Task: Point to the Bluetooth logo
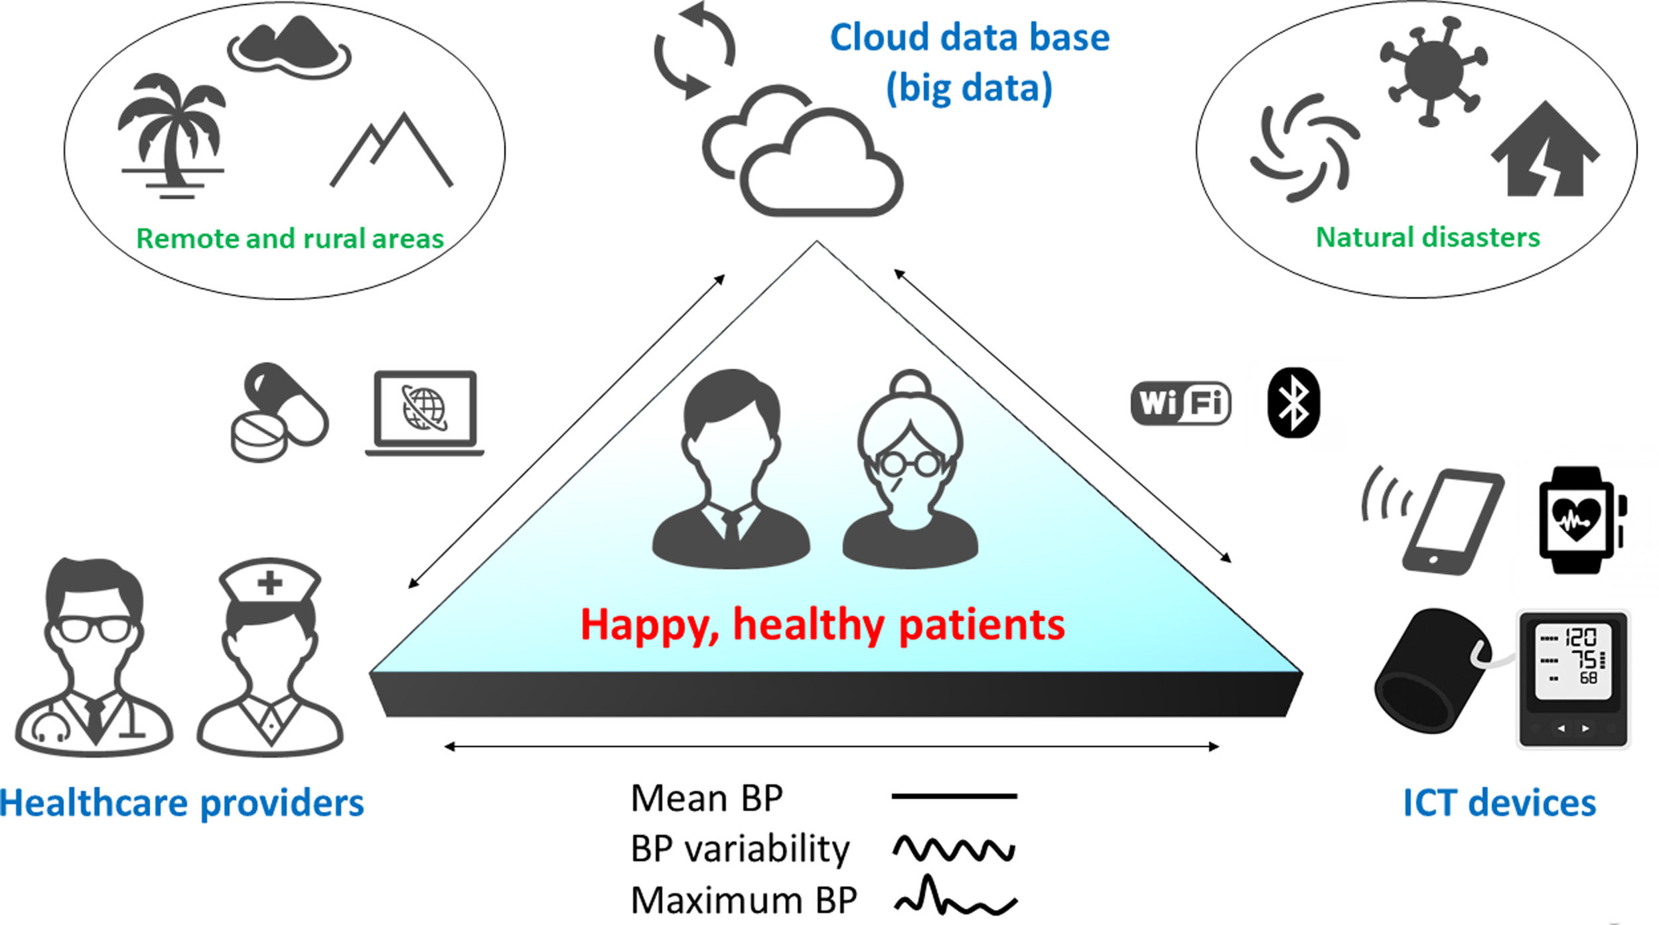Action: [x=1293, y=403]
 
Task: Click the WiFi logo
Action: [x=1181, y=403]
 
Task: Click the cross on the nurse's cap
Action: [x=269, y=583]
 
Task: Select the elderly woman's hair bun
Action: [x=910, y=384]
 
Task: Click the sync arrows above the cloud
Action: [x=694, y=50]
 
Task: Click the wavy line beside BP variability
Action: [x=954, y=849]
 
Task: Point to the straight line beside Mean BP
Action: [x=954, y=796]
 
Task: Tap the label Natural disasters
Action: [x=1427, y=238]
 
